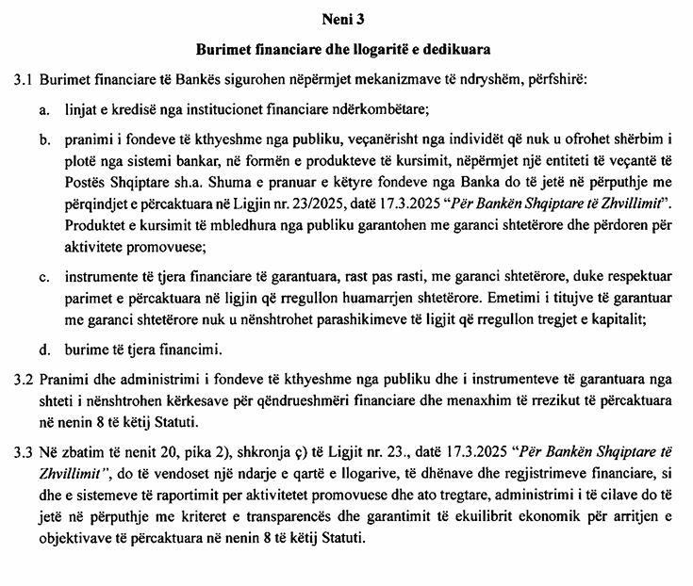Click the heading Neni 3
coord(346,16)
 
